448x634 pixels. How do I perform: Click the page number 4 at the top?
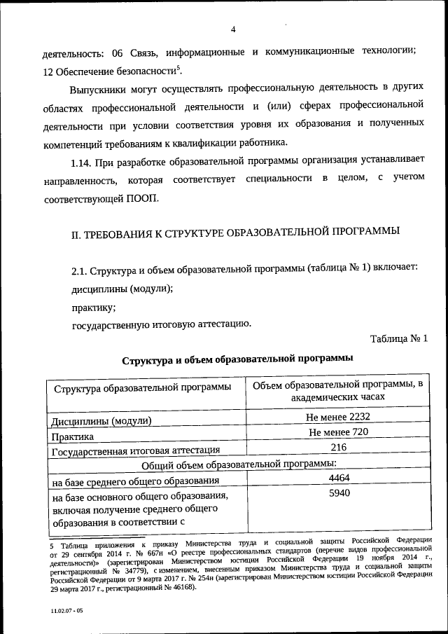click(233, 29)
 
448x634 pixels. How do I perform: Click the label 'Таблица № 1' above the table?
click(399, 339)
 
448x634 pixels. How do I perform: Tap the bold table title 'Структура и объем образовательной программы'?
click(237, 359)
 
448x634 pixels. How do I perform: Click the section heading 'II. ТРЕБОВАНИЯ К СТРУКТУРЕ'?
click(237, 231)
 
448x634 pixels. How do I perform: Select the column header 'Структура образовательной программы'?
click(140, 388)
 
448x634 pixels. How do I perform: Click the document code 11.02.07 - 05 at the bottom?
click(66, 611)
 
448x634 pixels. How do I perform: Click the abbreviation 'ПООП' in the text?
click(143, 198)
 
